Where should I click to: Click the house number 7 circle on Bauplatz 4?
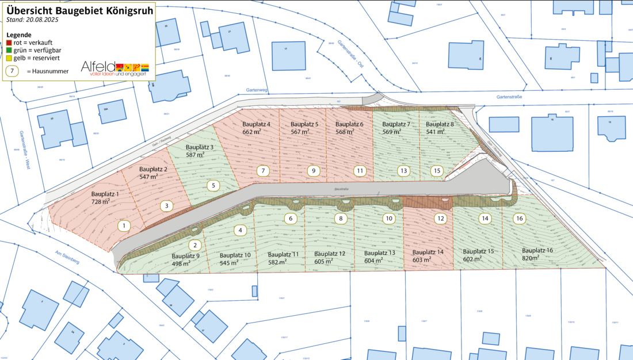point(262,171)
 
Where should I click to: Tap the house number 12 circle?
point(440,219)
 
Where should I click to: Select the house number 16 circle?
point(520,219)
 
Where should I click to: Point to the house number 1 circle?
point(124,226)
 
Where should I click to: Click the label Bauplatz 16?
point(537,251)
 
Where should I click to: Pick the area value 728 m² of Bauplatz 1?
point(101,202)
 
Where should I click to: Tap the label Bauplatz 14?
point(428,252)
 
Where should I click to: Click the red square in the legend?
point(9,43)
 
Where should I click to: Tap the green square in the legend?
point(9,50)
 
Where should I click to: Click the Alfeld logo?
point(115,68)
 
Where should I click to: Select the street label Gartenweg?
point(257,90)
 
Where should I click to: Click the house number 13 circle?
point(405,171)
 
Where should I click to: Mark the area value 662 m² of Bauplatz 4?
point(252,132)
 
